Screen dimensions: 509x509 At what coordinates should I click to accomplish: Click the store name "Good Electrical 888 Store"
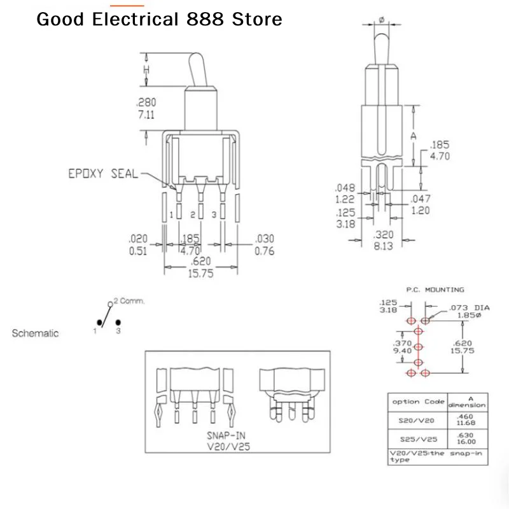coord(159,19)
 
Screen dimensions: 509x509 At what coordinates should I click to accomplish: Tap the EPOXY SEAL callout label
coord(103,173)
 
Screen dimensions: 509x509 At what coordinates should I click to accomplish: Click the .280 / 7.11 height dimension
coord(146,108)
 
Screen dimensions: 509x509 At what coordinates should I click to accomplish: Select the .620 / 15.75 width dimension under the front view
coord(200,267)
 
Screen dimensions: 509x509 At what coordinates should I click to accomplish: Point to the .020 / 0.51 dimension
coord(138,245)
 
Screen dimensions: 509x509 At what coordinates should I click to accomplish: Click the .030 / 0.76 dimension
coord(264,245)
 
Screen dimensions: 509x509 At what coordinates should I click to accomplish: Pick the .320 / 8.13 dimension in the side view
coord(383,241)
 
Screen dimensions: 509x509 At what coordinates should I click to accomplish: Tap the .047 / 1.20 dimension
coord(421,204)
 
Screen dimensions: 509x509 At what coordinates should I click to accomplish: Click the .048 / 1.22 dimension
coord(345,193)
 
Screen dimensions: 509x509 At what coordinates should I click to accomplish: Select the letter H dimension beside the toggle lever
coord(146,69)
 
